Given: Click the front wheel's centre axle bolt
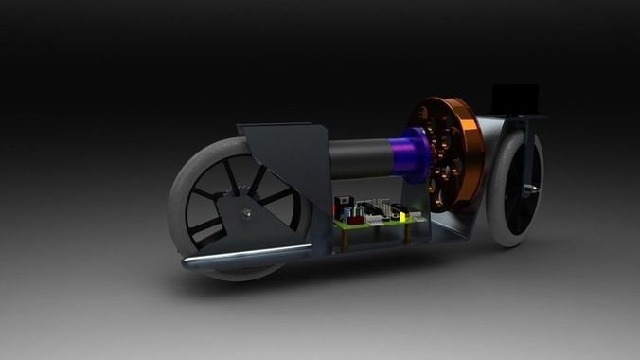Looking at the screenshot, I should [x=245, y=213].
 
